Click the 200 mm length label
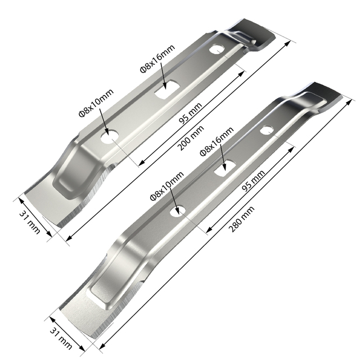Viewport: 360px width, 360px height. point(191,138)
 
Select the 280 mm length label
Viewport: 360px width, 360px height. point(241,219)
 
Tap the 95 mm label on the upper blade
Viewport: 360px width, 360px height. point(190,112)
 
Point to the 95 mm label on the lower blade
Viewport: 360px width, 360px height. point(254,181)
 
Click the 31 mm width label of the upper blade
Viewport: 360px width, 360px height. point(30,222)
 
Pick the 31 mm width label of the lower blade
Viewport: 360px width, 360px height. point(61,338)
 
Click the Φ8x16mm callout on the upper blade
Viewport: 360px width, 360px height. point(157,58)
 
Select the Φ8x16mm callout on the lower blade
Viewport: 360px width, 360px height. point(217,141)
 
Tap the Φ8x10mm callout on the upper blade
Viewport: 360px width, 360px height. point(96,102)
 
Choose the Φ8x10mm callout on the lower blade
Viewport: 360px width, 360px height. point(167,186)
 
